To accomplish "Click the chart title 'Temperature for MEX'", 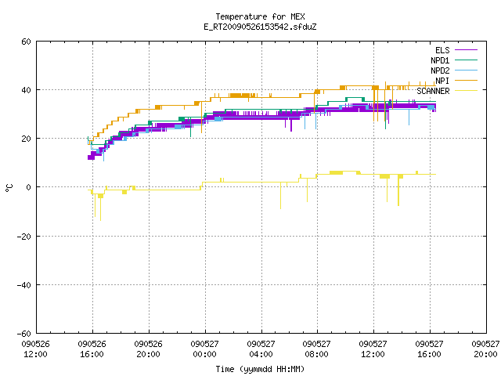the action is (x=260, y=16).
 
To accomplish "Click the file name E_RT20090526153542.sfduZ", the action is (x=260, y=27).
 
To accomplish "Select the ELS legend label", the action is (x=442, y=50).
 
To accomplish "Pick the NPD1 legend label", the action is (x=440, y=60).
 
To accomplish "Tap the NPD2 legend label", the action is (x=440, y=70).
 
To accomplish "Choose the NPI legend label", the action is (x=442, y=81).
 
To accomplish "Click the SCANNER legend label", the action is (x=433, y=91).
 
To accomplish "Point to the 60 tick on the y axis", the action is (x=26, y=42).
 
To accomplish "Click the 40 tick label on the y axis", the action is (x=26, y=90).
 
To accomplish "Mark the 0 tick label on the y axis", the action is (x=28, y=187).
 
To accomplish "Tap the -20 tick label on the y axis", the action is (x=24, y=237).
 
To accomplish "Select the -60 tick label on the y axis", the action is (x=24, y=334).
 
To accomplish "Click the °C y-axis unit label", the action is (x=9, y=188).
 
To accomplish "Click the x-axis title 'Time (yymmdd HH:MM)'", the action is (x=260, y=369).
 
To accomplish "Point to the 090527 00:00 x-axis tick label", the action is (x=204, y=349).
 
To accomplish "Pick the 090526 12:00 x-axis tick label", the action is (x=36, y=349).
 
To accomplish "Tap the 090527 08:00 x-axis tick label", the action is (x=316, y=349).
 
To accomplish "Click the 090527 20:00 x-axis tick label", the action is (x=485, y=349).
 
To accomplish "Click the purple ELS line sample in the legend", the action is (x=466, y=50).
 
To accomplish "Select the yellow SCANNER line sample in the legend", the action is (x=466, y=91).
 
